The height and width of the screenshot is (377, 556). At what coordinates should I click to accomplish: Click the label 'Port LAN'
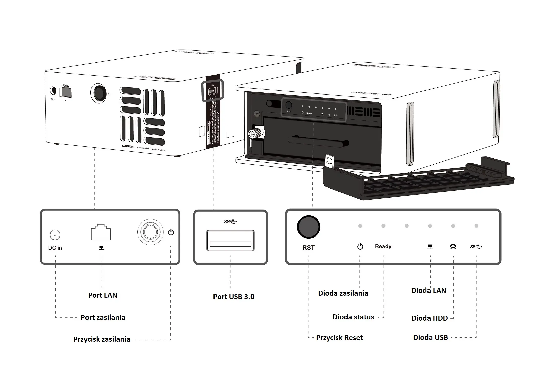coord(103,295)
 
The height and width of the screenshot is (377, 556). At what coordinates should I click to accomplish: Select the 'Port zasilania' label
coord(103,317)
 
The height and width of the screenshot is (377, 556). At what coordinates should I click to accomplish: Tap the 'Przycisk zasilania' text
coord(102,339)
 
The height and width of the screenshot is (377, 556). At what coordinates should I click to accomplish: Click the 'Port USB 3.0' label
coord(234,297)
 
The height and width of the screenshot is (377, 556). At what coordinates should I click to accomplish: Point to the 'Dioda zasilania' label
coord(343,293)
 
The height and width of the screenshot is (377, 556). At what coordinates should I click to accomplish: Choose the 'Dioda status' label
coord(353,317)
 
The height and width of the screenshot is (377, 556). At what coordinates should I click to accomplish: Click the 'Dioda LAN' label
coord(429,290)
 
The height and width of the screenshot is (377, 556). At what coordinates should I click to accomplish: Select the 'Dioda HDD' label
coord(430,318)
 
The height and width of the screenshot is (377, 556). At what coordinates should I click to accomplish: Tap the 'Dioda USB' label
coord(430,337)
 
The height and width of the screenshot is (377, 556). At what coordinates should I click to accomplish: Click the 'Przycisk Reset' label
coord(339,338)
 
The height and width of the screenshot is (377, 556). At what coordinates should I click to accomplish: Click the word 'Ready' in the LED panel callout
coord(383,246)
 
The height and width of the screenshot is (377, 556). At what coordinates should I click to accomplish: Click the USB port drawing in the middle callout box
coord(230,241)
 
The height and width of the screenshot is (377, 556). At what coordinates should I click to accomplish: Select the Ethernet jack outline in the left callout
coord(101,232)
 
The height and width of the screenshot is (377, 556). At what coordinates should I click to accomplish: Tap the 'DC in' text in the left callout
coord(55,248)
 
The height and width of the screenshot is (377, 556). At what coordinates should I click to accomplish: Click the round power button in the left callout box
coord(150,231)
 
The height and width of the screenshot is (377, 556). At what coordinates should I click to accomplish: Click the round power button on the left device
coord(99,93)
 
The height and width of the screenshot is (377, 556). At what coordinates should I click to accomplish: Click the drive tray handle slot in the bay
coord(318,143)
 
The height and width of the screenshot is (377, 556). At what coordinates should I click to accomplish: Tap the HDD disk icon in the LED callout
coord(453,247)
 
